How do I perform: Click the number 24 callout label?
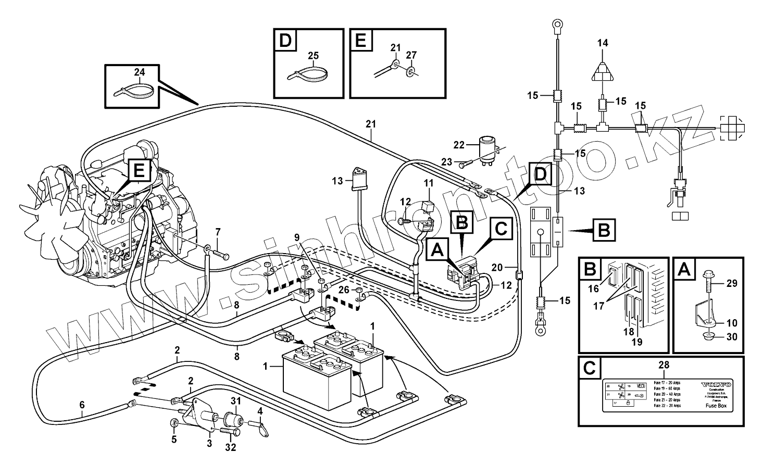point(140,72)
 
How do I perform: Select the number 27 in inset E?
point(411,55)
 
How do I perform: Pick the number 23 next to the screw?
point(446,162)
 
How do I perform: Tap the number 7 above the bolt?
point(218,231)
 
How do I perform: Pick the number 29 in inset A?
point(732,283)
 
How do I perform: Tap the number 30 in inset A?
point(732,337)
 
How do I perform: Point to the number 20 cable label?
point(497,267)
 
